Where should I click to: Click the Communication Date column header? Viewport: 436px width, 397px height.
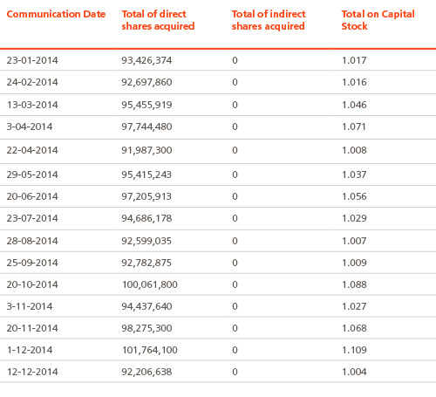[56, 14]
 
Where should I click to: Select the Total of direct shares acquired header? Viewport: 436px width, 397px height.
[158, 20]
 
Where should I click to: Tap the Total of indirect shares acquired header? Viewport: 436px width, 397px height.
[269, 20]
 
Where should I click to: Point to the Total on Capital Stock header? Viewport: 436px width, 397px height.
[378, 20]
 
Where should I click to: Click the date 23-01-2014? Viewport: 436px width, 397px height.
[32, 60]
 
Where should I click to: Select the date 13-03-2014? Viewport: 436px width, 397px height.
[32, 105]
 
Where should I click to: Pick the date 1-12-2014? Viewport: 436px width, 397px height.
[30, 350]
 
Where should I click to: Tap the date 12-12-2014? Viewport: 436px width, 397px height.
[32, 372]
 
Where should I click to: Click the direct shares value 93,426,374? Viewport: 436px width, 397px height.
[146, 60]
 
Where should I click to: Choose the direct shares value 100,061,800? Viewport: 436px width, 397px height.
[150, 284]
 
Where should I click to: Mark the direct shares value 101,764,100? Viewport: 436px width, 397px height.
[150, 350]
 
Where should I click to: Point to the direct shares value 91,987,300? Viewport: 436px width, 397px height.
[146, 150]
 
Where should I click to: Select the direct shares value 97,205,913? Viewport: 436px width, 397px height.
[146, 196]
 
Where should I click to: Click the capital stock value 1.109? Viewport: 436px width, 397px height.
[354, 350]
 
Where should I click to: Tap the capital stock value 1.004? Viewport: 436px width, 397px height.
[354, 372]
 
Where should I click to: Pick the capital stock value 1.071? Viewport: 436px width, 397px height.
[354, 127]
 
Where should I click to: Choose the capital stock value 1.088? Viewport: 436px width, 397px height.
[354, 284]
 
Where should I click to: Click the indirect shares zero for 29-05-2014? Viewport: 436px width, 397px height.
[235, 175]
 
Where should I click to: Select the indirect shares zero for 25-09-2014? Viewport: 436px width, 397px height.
[235, 263]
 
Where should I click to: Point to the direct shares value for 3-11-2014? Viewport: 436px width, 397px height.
[146, 306]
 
